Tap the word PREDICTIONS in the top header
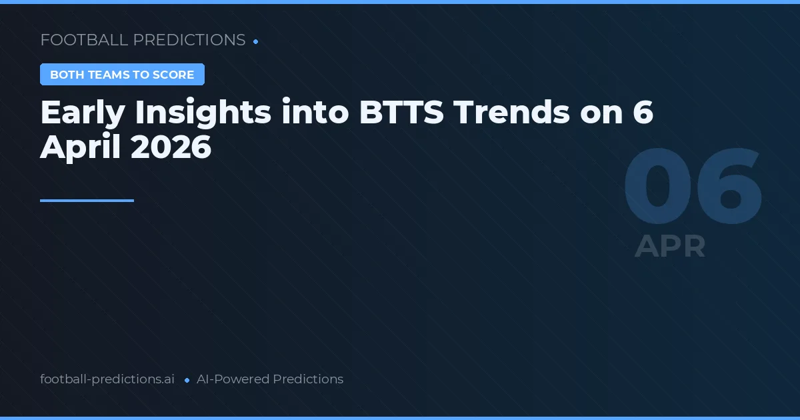click(x=189, y=40)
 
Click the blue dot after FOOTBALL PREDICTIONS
click(x=256, y=41)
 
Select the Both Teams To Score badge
click(x=122, y=75)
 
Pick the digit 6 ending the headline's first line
click(x=642, y=113)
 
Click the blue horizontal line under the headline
click(x=87, y=200)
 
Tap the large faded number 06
click(x=693, y=189)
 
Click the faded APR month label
click(x=670, y=246)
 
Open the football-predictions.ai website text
click(x=107, y=379)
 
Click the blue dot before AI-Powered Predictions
click(x=187, y=380)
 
